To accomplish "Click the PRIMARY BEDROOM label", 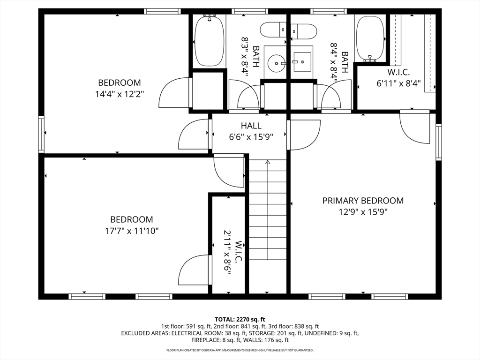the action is tap(363, 201).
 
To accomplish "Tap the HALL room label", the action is tap(251, 126).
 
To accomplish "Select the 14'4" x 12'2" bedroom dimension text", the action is tap(120, 94).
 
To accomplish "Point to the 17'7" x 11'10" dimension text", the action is tap(132, 231).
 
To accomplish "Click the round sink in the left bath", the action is tap(277, 63).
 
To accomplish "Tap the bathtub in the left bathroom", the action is tap(210, 41).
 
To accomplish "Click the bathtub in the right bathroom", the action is tap(370, 38).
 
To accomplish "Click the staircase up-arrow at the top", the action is tap(268, 163).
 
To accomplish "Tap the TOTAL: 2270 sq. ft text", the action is tap(240, 320).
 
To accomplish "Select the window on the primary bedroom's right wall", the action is tap(439, 142).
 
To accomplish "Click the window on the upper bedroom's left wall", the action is tap(41, 134).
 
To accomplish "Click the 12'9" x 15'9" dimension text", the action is tap(363, 212).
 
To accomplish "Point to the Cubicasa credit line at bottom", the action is tap(240, 350).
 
